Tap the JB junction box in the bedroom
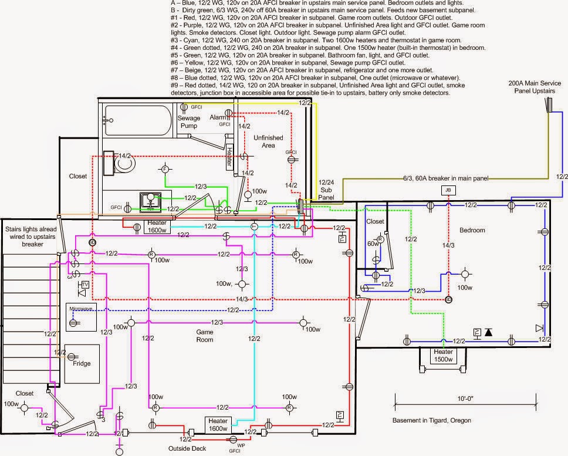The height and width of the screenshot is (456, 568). [x=448, y=191]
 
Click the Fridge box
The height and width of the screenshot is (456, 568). [x=82, y=364]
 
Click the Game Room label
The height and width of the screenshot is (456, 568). [x=204, y=336]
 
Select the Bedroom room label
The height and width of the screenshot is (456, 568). [x=473, y=229]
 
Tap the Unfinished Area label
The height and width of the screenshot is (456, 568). [x=268, y=141]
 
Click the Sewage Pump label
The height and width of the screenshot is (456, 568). [x=189, y=121]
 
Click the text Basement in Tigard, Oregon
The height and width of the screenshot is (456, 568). [x=431, y=421]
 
